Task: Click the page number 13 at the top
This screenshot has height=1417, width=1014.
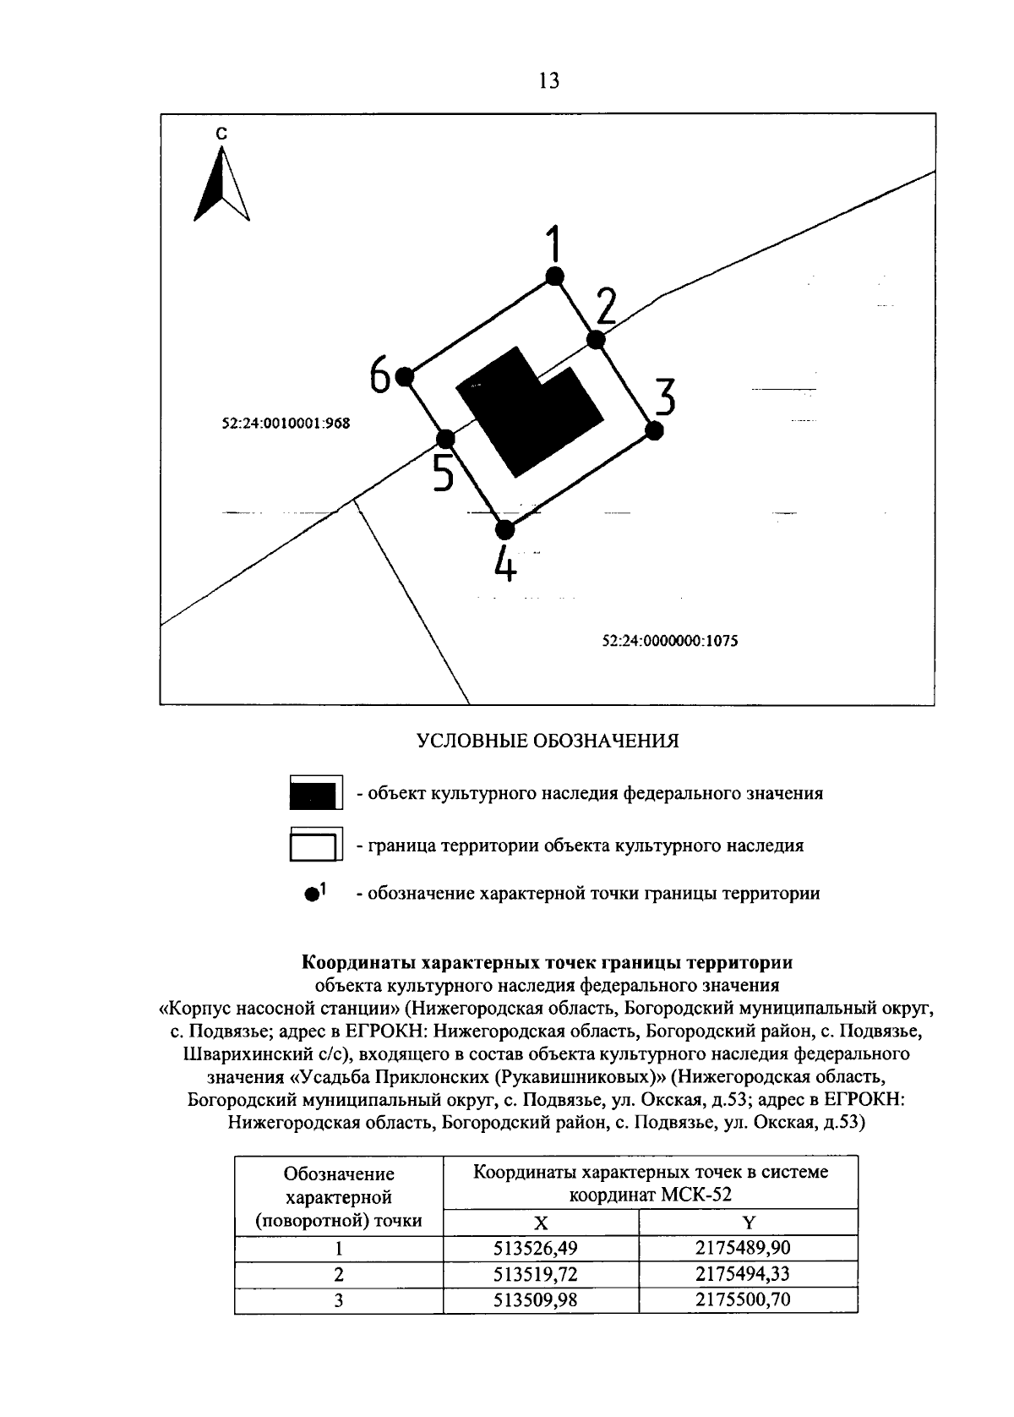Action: tap(548, 81)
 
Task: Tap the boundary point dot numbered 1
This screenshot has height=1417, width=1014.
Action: tap(554, 276)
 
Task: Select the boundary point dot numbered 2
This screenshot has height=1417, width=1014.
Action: tap(596, 340)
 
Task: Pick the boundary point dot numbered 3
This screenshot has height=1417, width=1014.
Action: tap(653, 430)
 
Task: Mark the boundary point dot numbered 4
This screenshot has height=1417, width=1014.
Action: tap(504, 530)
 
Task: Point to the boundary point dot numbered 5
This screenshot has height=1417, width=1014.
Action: tap(445, 439)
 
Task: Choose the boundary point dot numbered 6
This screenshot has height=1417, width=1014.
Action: tap(405, 375)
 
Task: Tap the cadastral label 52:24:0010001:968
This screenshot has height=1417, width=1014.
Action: tap(286, 424)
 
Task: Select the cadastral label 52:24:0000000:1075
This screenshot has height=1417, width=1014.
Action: tap(670, 641)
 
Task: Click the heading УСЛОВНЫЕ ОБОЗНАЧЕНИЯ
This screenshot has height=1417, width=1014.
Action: tap(548, 741)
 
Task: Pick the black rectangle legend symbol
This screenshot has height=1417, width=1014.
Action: tap(315, 794)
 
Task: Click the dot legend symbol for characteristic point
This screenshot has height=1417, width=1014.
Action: tap(313, 894)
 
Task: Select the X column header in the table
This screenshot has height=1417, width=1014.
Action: tap(541, 1222)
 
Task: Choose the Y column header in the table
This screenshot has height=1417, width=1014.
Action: tap(748, 1222)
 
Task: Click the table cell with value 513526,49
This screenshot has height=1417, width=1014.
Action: tap(541, 1248)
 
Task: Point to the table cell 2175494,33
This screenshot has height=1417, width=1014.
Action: tap(748, 1273)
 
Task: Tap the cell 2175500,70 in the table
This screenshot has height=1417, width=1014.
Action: tap(748, 1299)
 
